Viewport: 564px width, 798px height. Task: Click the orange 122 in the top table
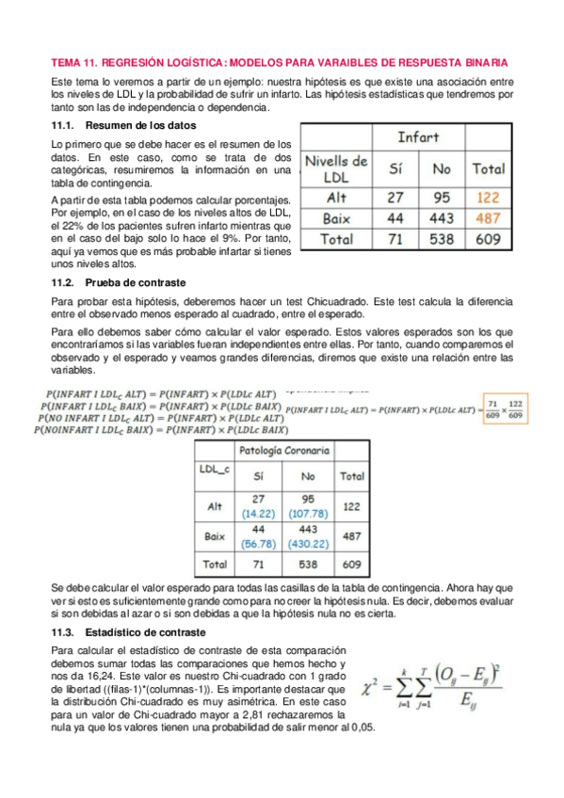tap(488, 199)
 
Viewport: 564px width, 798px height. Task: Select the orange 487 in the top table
tap(488, 218)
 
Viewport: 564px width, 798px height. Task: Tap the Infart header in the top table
tap(417, 137)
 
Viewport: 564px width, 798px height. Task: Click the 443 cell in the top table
tap(441, 218)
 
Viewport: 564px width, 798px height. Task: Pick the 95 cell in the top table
tap(441, 199)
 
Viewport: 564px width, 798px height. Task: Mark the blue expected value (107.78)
tap(308, 515)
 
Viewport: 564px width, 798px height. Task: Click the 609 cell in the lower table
tap(352, 565)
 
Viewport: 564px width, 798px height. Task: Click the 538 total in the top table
tap(441, 239)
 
